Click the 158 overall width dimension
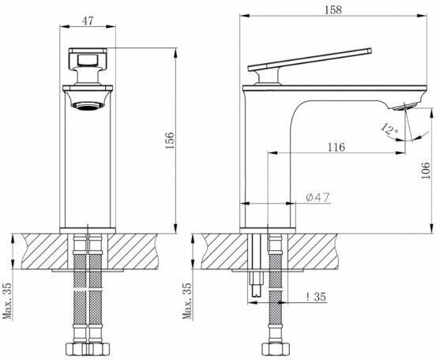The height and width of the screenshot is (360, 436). point(333,10)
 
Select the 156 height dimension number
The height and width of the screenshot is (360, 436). point(170,141)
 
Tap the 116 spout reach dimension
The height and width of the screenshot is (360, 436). point(336,147)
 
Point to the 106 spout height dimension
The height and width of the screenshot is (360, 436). point(426,170)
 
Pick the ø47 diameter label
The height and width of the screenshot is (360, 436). point(318,197)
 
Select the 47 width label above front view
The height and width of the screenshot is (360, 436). point(88,21)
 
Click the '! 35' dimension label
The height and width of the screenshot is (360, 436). point(316,297)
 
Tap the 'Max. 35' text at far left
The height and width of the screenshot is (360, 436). point(7,301)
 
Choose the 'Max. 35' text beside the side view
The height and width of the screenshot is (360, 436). point(187,301)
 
